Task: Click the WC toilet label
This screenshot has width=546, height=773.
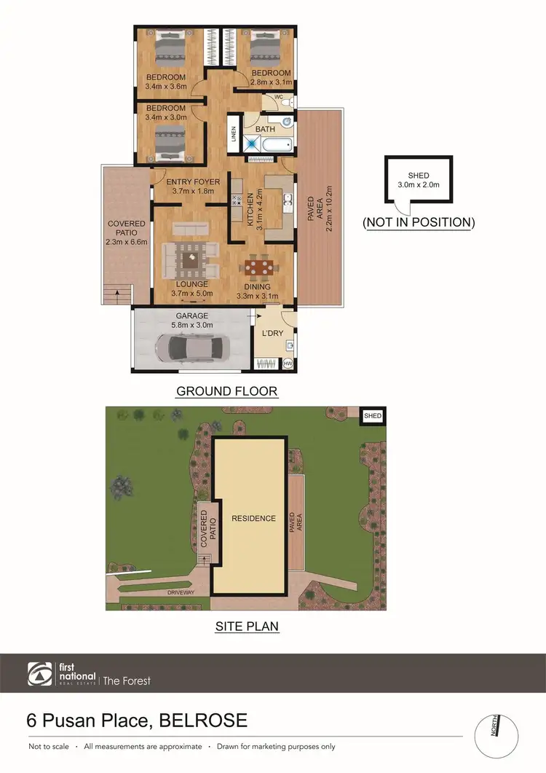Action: [x=278, y=97]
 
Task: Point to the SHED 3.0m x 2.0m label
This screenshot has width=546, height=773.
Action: [x=418, y=180]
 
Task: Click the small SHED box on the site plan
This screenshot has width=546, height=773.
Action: [x=372, y=415]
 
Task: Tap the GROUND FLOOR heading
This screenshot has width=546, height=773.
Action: [x=226, y=391]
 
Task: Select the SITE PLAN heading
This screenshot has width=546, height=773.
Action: [x=246, y=626]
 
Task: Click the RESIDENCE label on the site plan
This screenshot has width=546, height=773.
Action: [x=253, y=519]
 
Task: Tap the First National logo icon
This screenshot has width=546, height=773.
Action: [x=40, y=675]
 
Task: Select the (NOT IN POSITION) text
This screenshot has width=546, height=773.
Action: [x=418, y=222]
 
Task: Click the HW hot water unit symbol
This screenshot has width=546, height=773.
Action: [x=288, y=363]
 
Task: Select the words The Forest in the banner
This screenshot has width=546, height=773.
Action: [x=127, y=680]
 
